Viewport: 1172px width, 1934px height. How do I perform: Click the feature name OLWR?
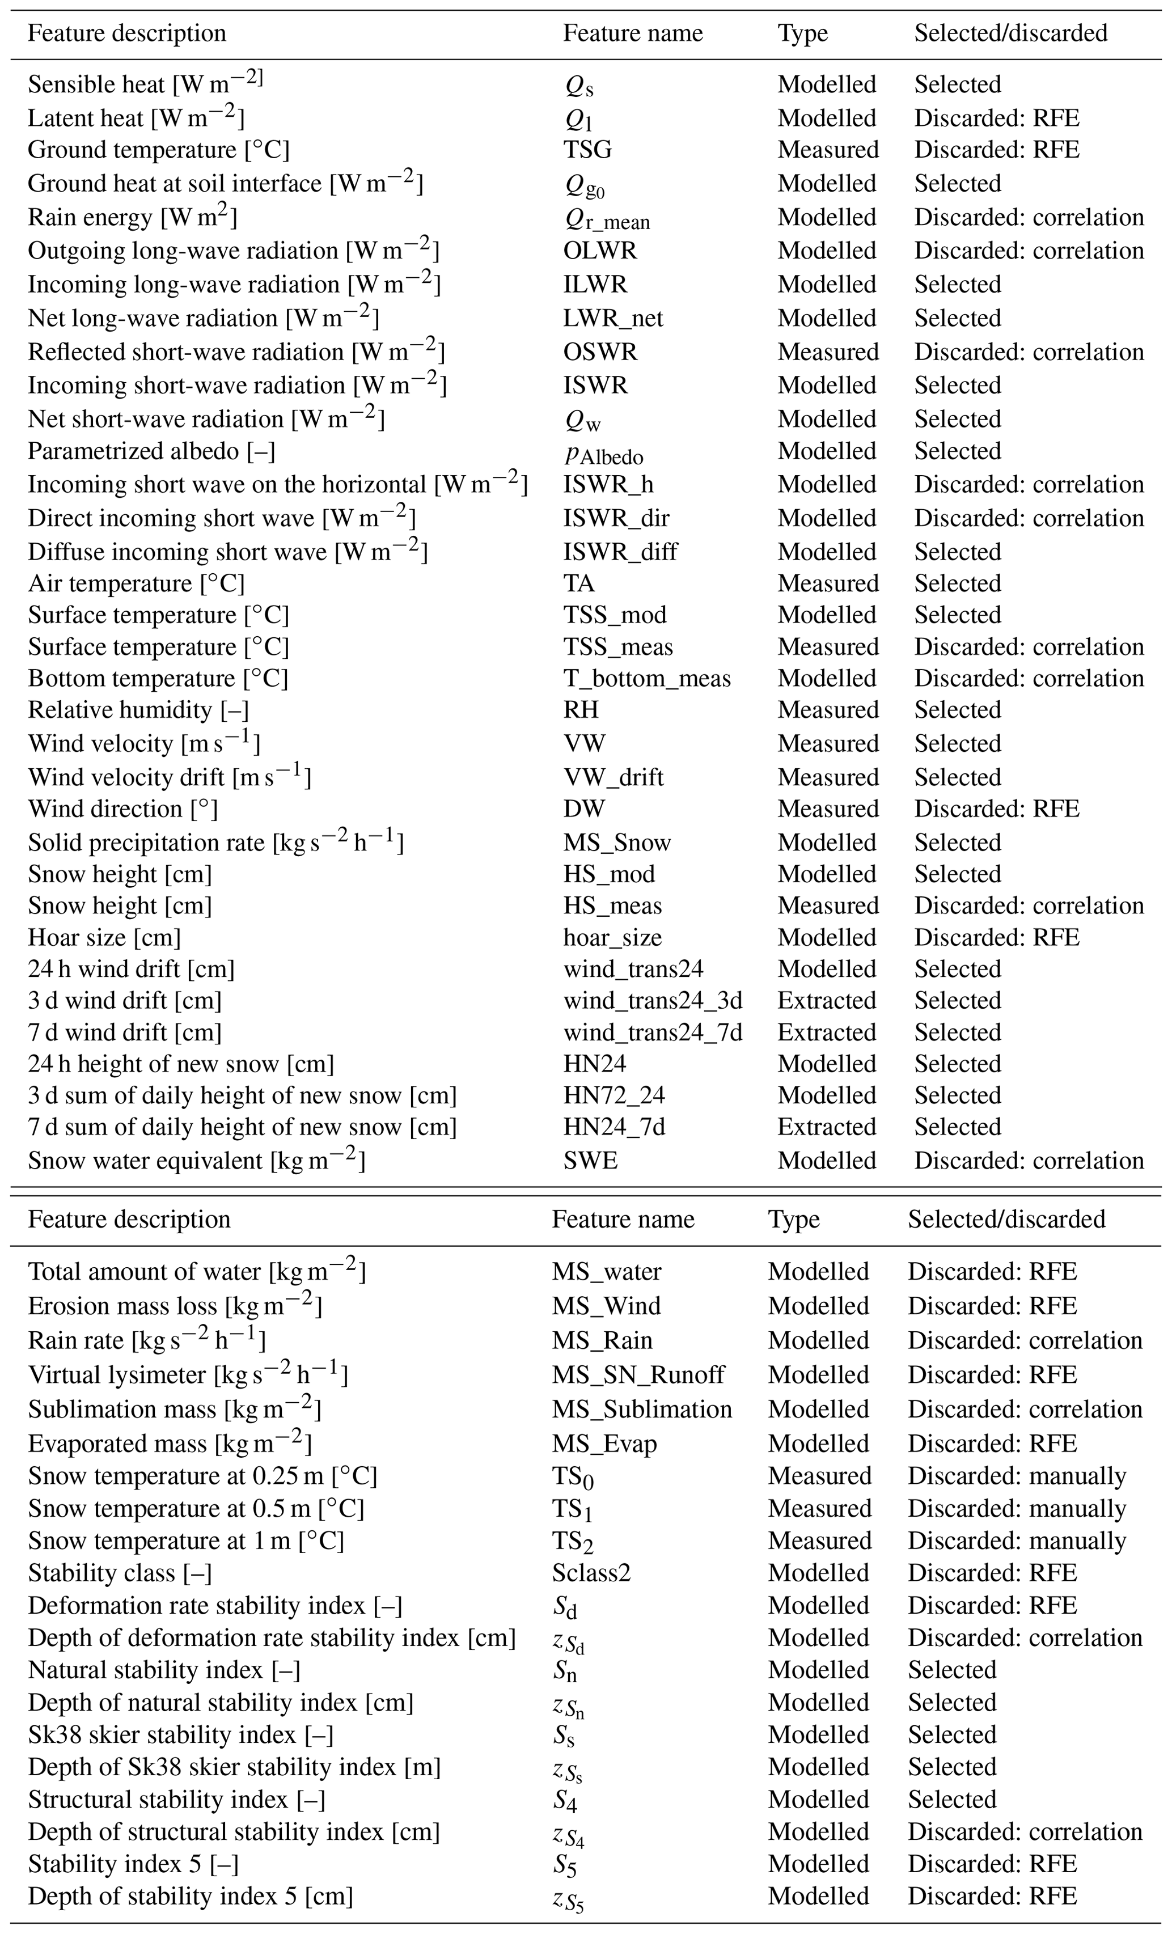(600, 251)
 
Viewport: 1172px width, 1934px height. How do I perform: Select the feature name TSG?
(587, 150)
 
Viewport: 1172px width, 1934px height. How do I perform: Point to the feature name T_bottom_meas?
(647, 678)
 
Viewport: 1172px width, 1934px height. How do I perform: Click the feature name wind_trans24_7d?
(652, 1032)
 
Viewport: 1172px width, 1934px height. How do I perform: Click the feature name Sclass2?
(591, 1572)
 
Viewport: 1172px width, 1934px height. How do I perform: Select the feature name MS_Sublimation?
(641, 1409)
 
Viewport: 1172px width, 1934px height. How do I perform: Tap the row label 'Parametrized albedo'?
(151, 451)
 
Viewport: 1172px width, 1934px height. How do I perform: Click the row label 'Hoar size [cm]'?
(104, 937)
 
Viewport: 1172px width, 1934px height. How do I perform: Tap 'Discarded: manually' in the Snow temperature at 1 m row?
(1017, 1541)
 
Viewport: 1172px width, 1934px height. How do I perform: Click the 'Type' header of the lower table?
(794, 1219)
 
